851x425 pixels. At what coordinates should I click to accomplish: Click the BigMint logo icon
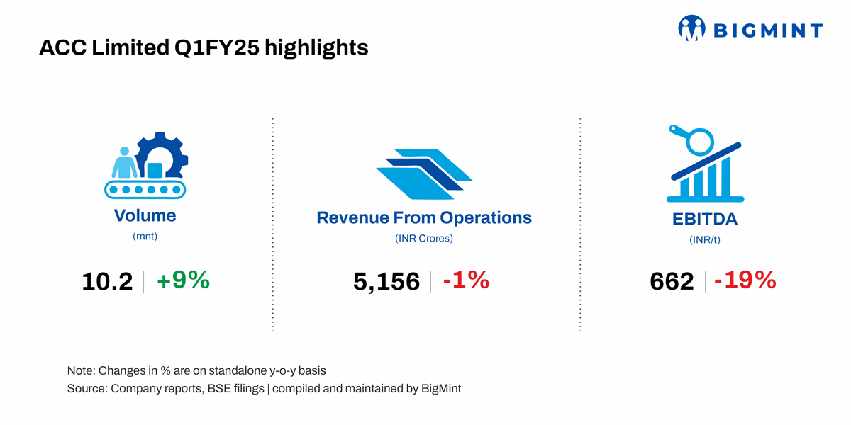(x=692, y=28)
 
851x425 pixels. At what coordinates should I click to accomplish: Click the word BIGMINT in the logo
(x=768, y=30)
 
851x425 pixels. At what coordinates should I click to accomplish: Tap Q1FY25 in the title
(x=216, y=48)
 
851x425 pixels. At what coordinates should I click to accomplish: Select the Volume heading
(x=145, y=215)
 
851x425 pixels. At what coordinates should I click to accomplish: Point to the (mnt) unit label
(x=145, y=237)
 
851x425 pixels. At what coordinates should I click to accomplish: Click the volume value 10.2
(x=107, y=282)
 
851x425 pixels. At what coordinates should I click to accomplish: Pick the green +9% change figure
(x=183, y=280)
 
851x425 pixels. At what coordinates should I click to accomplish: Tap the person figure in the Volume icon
(x=124, y=162)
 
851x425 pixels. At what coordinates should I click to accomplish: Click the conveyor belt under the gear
(x=145, y=189)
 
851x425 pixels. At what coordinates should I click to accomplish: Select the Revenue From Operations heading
(x=424, y=218)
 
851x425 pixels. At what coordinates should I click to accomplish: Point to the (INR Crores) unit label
(x=424, y=238)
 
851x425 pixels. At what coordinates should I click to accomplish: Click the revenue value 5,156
(x=386, y=282)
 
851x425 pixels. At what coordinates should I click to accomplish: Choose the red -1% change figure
(x=466, y=280)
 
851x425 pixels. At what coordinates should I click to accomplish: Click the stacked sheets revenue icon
(x=424, y=174)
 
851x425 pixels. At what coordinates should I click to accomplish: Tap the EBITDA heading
(x=705, y=220)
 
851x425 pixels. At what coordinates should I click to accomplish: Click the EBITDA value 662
(x=672, y=282)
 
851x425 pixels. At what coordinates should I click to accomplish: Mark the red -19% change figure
(x=745, y=280)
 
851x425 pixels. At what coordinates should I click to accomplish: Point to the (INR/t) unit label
(x=705, y=240)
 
